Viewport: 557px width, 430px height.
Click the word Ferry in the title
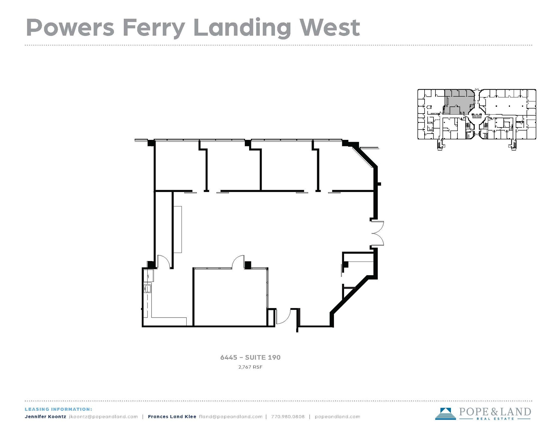click(x=154, y=28)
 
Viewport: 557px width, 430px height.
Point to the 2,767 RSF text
click(x=250, y=367)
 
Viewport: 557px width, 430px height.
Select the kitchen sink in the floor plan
click(x=148, y=288)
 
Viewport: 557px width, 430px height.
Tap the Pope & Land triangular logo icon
click(x=445, y=413)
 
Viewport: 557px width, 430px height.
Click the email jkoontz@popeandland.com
click(x=103, y=417)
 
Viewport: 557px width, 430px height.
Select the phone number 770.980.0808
click(x=288, y=417)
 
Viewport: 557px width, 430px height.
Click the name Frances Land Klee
click(x=172, y=417)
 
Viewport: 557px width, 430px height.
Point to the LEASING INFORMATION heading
click(x=58, y=409)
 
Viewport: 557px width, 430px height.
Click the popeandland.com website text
click(x=337, y=417)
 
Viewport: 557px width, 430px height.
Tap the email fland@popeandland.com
click(x=231, y=417)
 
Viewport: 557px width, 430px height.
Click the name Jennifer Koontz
click(x=45, y=417)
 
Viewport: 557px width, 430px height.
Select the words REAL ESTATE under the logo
click(x=495, y=419)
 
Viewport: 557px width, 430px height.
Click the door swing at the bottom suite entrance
click(x=284, y=318)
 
